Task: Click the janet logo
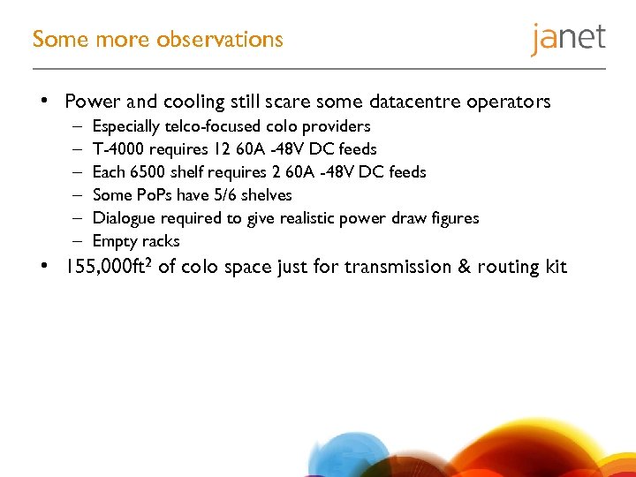(x=568, y=39)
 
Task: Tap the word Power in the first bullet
(x=92, y=102)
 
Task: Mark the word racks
(x=161, y=241)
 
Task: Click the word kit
(x=554, y=268)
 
